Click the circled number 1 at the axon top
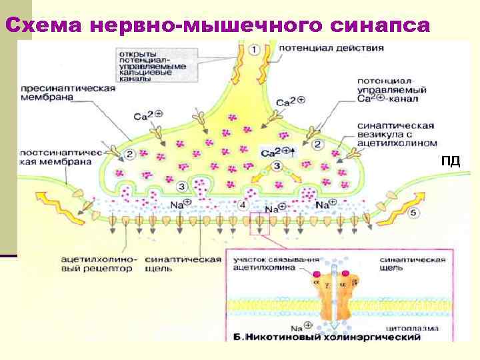[x=254, y=49]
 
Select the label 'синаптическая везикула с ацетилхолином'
[x=396, y=134]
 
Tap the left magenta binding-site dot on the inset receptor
[x=315, y=273]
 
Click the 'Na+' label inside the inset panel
[x=298, y=328]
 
